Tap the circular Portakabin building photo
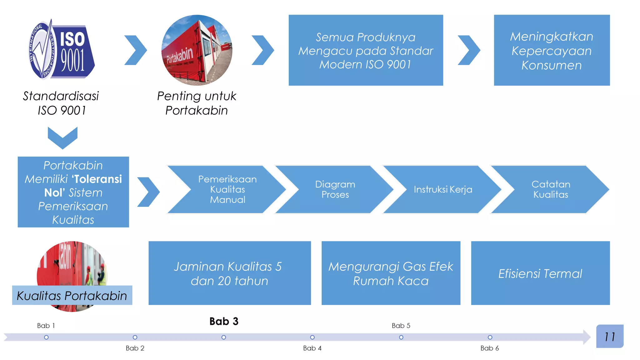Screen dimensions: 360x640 [197, 50]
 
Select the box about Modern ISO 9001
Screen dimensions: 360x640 [366, 50]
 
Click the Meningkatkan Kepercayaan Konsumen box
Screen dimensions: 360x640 [552, 50]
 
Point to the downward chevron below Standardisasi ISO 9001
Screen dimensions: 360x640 [62, 137]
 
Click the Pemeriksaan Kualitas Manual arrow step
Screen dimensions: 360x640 [227, 189]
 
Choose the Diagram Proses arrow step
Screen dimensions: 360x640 [335, 189]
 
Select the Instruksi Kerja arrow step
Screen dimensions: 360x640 [443, 189]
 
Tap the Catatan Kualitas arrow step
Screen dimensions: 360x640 [551, 189]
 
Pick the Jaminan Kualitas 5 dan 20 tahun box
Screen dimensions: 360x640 [229, 273]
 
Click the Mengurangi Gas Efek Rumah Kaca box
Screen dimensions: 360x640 [391, 273]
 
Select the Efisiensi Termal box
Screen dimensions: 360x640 [540, 273]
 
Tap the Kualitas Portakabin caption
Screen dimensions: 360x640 [72, 296]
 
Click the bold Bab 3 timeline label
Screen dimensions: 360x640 [224, 321]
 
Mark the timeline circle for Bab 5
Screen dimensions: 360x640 [401, 337]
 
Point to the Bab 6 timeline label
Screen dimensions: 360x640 [490, 348]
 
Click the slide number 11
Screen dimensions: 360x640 [610, 337]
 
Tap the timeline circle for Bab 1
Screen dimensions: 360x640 [46, 337]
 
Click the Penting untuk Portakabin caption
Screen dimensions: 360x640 [197, 103]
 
